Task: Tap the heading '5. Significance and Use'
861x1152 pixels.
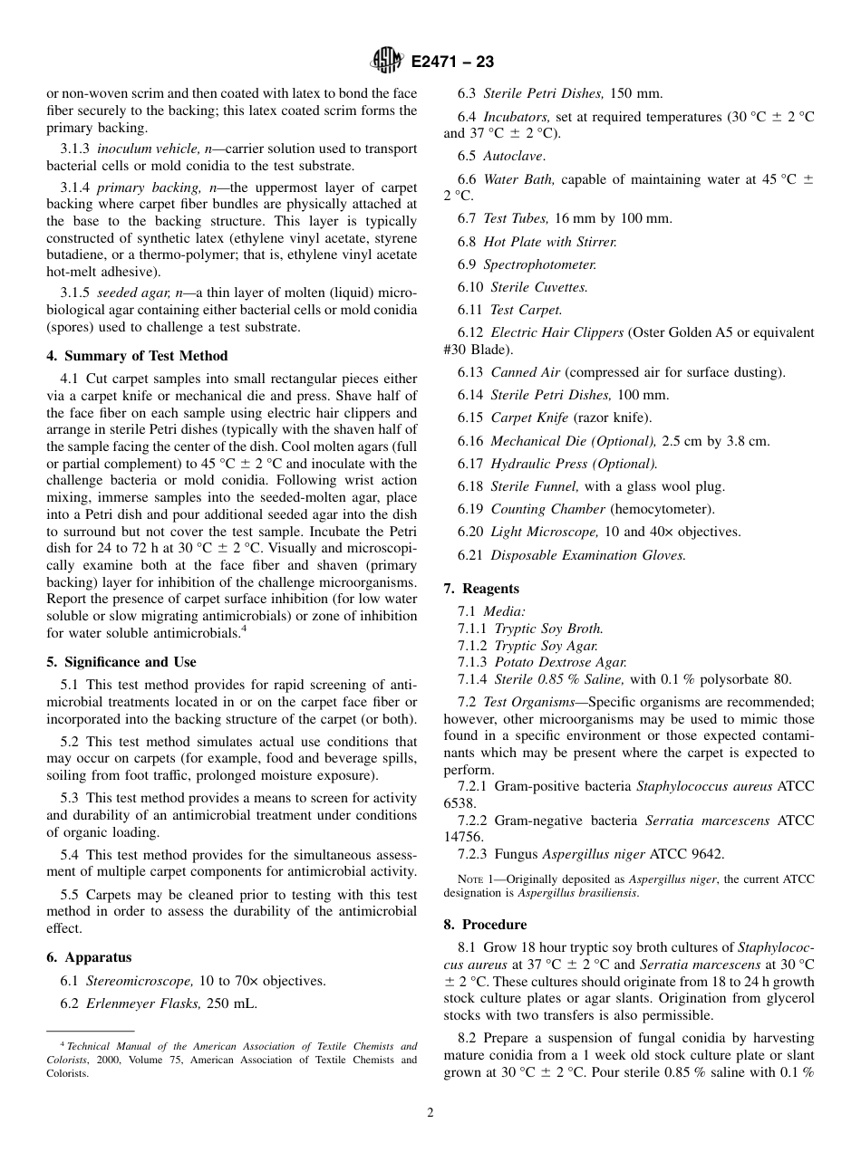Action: [121, 662]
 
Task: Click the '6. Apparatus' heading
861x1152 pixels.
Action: [89, 957]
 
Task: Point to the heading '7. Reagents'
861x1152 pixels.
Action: [481, 589]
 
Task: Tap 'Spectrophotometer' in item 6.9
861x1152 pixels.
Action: [539, 264]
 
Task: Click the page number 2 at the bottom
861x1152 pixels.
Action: [430, 1113]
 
